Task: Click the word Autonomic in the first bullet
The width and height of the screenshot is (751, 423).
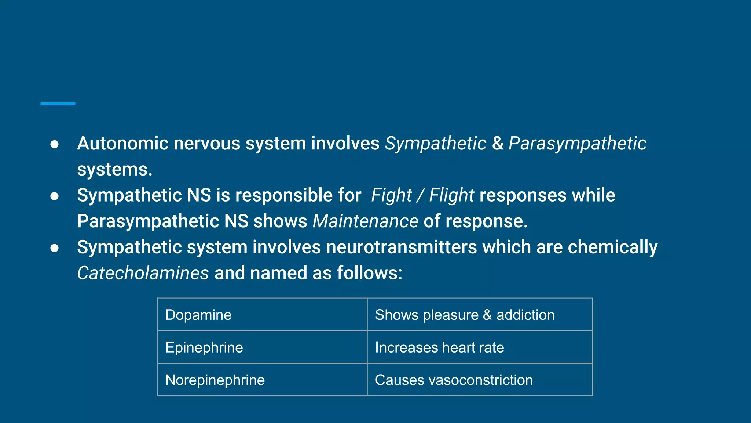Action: (122, 143)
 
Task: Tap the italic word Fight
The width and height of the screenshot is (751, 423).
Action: (391, 195)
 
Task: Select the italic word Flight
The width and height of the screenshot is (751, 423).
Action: (451, 195)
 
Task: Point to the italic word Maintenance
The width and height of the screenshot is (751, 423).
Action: (365, 221)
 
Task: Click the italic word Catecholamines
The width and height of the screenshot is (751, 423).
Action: (143, 273)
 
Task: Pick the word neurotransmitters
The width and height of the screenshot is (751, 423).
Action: (402, 247)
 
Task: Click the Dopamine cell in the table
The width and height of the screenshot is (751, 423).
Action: (262, 315)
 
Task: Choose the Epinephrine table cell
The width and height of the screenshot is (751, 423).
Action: (262, 347)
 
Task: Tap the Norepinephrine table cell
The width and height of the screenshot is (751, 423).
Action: (262, 380)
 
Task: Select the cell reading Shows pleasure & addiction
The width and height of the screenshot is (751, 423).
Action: (480, 315)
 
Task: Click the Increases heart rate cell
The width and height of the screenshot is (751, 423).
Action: (480, 347)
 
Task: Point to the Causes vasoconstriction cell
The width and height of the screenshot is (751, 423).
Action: (480, 380)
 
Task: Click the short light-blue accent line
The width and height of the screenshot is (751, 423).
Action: (58, 104)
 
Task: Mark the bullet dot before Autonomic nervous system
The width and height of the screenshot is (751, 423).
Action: (54, 144)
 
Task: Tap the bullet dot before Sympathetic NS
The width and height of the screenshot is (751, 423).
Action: (54, 196)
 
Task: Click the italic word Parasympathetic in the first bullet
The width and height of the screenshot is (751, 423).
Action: (577, 143)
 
